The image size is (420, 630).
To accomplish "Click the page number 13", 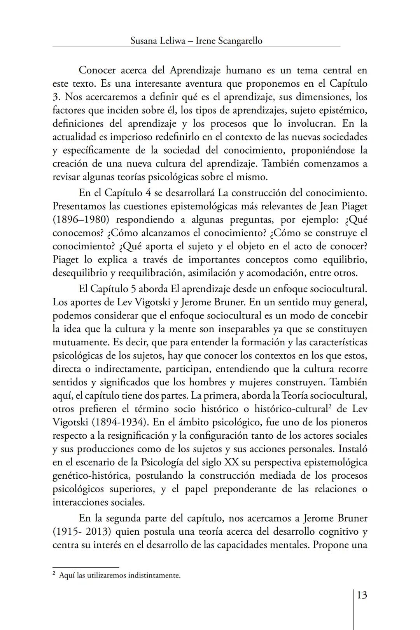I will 361,595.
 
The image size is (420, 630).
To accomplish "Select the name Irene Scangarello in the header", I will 229,40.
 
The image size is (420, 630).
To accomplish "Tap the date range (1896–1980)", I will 80,219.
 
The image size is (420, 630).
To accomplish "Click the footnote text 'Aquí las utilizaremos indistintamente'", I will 119,575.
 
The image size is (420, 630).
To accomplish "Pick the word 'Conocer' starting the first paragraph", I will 97,70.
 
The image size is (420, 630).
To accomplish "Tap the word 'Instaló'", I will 353,449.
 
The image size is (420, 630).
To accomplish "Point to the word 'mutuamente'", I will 80,342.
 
